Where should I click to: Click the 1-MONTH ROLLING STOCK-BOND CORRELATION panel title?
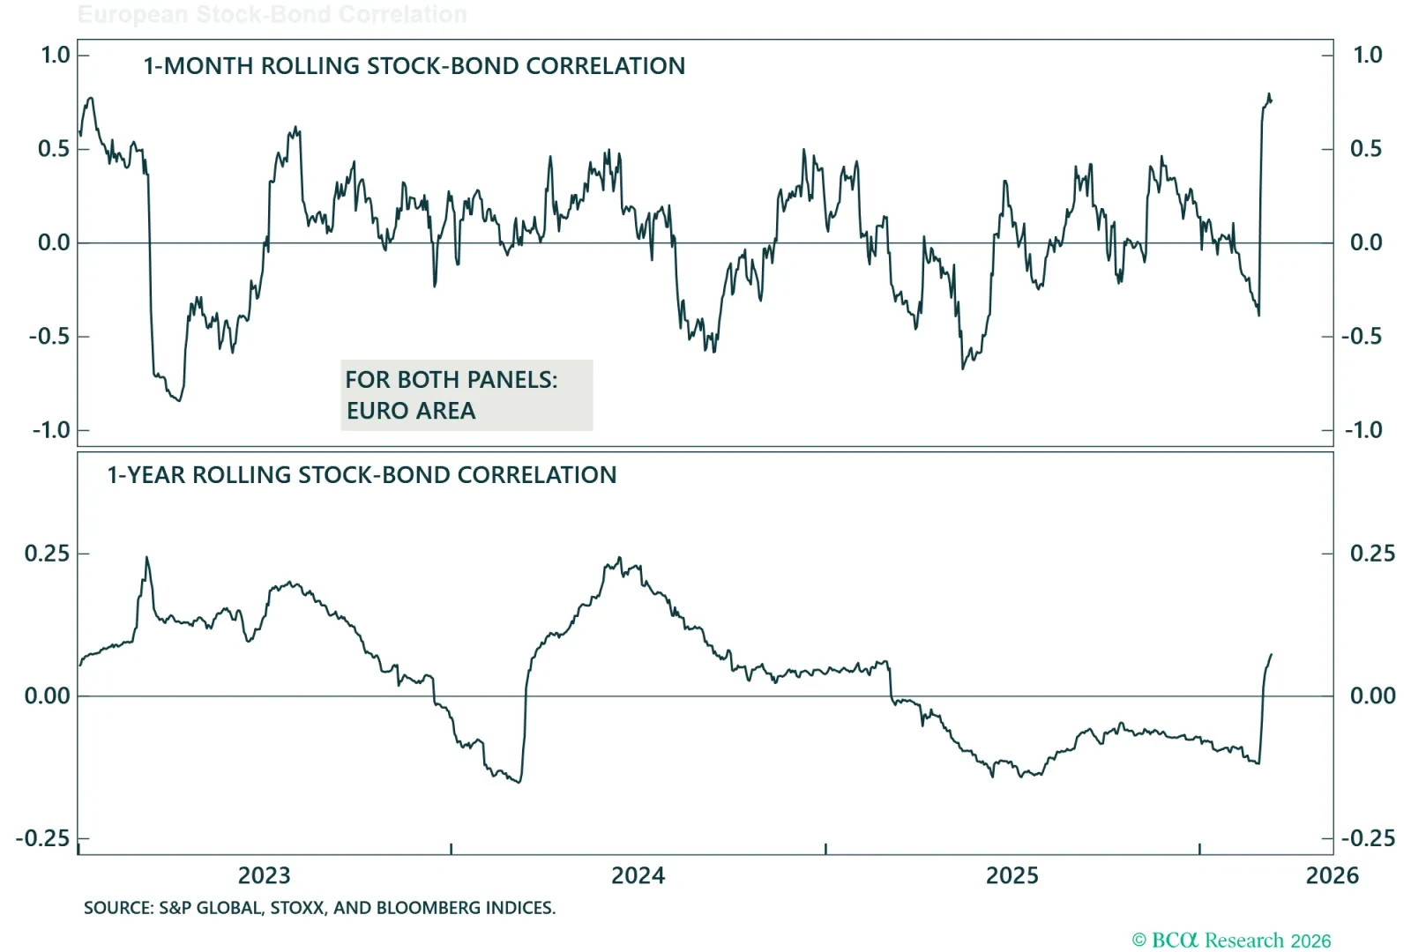tap(414, 66)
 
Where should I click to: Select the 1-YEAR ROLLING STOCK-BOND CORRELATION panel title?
tap(362, 475)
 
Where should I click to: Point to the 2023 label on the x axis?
tap(264, 875)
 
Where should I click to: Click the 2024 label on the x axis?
tap(638, 875)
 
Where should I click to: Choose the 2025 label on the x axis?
tap(1012, 875)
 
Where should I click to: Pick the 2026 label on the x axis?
tap(1332, 875)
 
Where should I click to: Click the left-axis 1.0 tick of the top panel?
tap(55, 55)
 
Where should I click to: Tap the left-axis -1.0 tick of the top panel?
tap(50, 430)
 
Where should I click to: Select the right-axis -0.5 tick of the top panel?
tap(1362, 337)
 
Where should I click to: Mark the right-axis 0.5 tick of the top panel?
tap(1366, 149)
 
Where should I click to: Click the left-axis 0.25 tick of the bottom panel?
tap(47, 554)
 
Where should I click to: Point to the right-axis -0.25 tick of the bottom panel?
tap(1368, 838)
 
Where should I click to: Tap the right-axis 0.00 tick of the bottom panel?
tap(1372, 696)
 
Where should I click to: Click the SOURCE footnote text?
tap(319, 908)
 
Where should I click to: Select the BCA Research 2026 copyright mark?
tap(1231, 941)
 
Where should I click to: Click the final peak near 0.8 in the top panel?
tap(1269, 94)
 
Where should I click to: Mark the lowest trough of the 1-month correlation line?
tap(180, 401)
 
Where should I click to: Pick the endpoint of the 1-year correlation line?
tap(1272, 654)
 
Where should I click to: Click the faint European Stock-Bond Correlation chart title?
tap(272, 15)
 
